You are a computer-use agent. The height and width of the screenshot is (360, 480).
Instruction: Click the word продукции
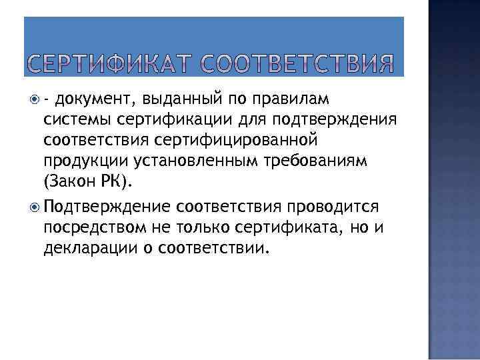[79, 163]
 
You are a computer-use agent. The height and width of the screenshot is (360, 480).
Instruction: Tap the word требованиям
[304, 163]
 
